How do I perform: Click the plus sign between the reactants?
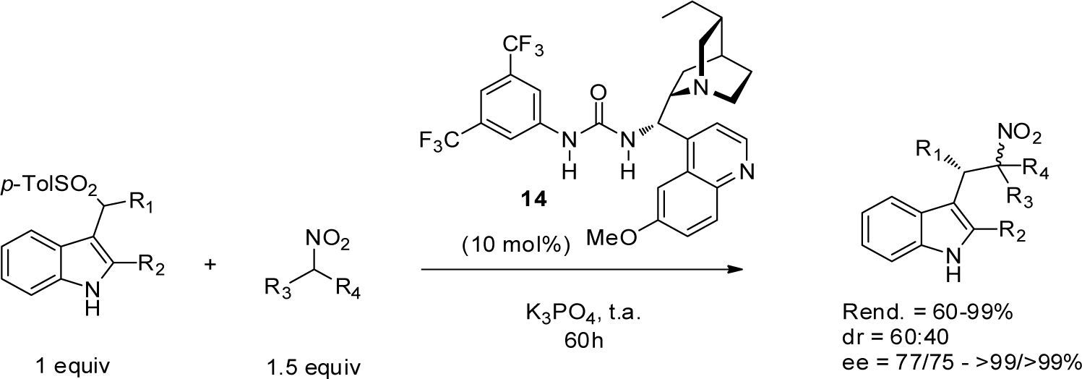coord(210,265)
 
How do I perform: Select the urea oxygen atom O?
coord(597,93)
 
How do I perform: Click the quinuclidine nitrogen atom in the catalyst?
coord(697,88)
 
